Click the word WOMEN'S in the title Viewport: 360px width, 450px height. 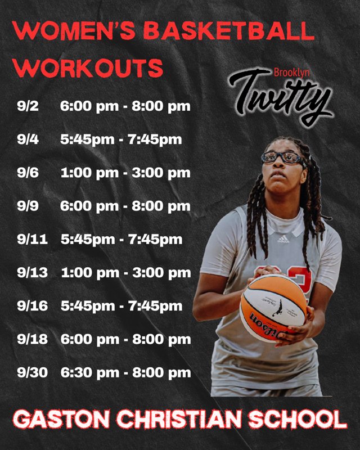click(x=70, y=31)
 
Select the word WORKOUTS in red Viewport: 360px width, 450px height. click(x=88, y=68)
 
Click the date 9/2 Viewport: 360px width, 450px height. click(x=28, y=106)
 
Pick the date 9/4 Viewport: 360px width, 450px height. click(x=28, y=139)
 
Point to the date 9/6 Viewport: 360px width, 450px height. click(x=28, y=173)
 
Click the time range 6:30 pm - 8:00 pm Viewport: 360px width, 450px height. click(x=125, y=372)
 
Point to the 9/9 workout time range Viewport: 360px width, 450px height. click(x=125, y=206)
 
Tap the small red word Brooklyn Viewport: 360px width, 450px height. click(x=287, y=72)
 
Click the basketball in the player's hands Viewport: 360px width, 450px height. click(x=273, y=307)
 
